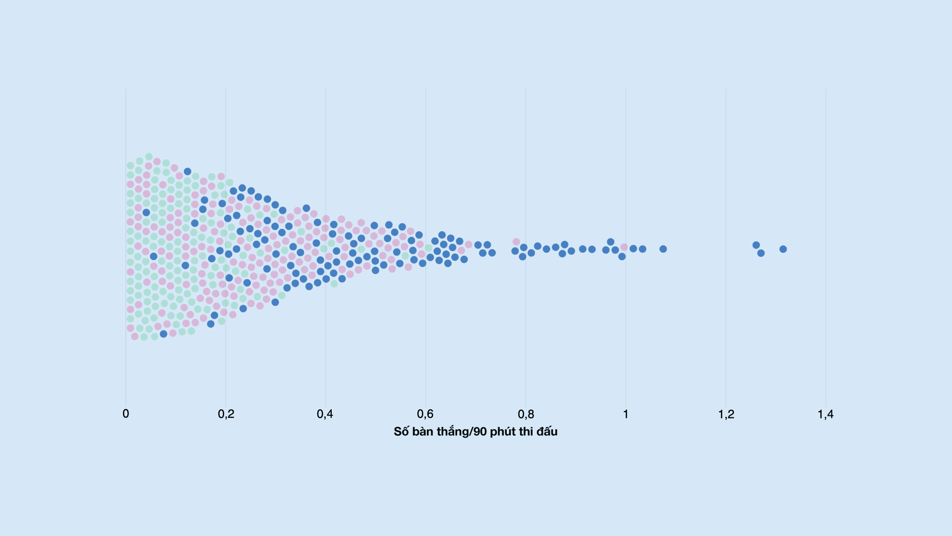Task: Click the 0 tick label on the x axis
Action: (x=125, y=414)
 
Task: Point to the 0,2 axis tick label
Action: (x=226, y=414)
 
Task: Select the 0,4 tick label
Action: (x=325, y=414)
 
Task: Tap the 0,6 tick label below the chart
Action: (x=425, y=414)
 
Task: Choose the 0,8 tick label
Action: (x=526, y=414)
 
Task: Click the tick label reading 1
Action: (x=626, y=414)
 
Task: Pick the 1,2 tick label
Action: (x=726, y=414)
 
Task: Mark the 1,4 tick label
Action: (x=826, y=414)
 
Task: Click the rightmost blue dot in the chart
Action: (x=783, y=249)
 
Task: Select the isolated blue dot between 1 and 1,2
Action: (x=663, y=249)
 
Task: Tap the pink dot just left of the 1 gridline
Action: (x=624, y=247)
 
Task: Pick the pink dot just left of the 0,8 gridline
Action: (x=516, y=242)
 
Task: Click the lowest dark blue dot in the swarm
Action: (x=164, y=334)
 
